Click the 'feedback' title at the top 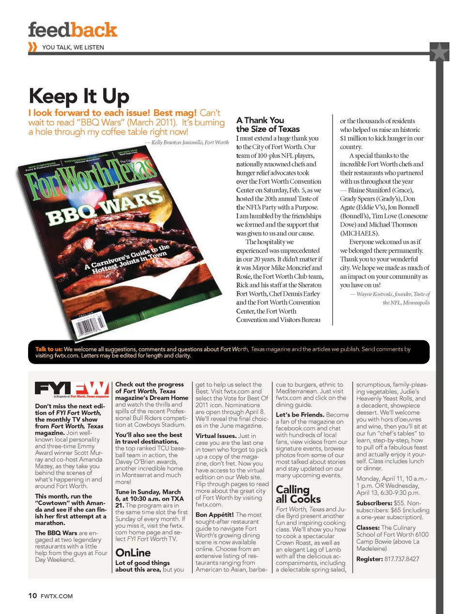click(73, 30)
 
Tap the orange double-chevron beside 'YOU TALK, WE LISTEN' click(33, 47)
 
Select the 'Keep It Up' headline click(79, 96)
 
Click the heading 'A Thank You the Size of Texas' click(267, 125)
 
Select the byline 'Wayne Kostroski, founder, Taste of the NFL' click(393, 298)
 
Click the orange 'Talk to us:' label click(48, 349)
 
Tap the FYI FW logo click(72, 389)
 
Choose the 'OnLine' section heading click(133, 553)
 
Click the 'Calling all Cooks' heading click(298, 494)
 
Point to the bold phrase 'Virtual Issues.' click(216, 436)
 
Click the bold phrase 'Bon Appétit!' click(215, 515)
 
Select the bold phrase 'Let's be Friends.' click(300, 415)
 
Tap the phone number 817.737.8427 click(402, 559)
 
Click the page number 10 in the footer click(32, 596)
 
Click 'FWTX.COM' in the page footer click(57, 596)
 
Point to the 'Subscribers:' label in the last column click(374, 503)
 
